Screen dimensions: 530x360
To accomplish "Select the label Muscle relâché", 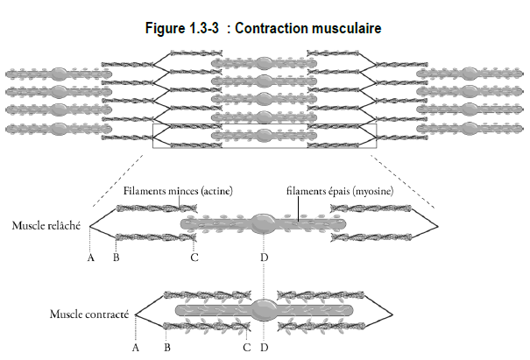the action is click(x=46, y=225).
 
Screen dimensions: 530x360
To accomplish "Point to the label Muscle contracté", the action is click(x=89, y=314).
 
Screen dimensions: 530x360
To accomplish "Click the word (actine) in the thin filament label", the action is click(x=216, y=191).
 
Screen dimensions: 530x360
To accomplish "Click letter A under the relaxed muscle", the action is click(x=90, y=258).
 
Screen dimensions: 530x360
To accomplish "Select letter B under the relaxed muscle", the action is click(x=117, y=258).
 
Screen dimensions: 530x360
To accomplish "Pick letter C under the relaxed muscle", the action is click(x=194, y=258).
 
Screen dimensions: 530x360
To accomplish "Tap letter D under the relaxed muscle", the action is click(x=265, y=258).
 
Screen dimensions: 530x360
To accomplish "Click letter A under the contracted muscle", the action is click(x=136, y=348).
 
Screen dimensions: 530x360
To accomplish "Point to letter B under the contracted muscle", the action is click(x=167, y=348).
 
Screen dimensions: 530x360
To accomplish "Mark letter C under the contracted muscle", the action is click(x=247, y=348).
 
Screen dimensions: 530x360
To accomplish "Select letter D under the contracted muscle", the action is click(x=265, y=348).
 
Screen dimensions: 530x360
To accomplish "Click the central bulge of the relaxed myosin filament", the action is click(x=264, y=223).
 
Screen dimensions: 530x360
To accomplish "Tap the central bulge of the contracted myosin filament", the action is click(x=264, y=309).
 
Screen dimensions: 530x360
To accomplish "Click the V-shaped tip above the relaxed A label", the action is click(x=90, y=226).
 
